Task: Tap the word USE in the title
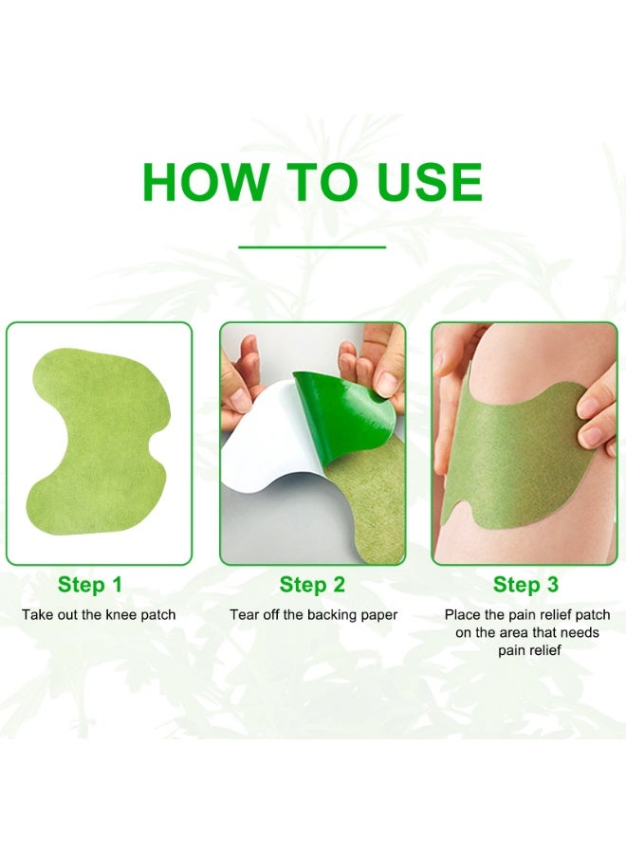pyautogui.click(x=429, y=183)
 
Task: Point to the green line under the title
pyautogui.click(x=312, y=247)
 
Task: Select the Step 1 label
pyautogui.click(x=89, y=585)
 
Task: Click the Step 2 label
pyautogui.click(x=312, y=585)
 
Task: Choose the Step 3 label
pyautogui.click(x=525, y=585)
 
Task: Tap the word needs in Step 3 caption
pyautogui.click(x=578, y=633)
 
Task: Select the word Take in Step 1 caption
pyautogui.click(x=38, y=615)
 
